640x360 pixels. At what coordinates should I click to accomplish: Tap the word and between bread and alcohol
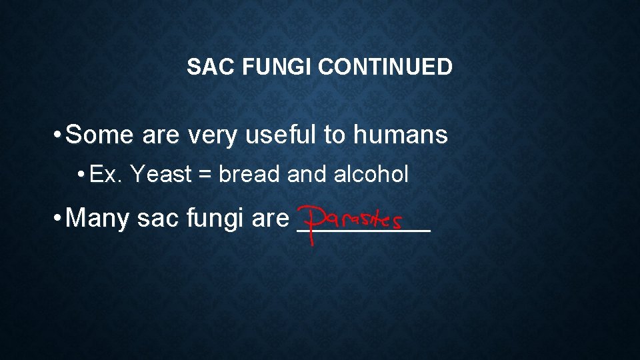(307, 174)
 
